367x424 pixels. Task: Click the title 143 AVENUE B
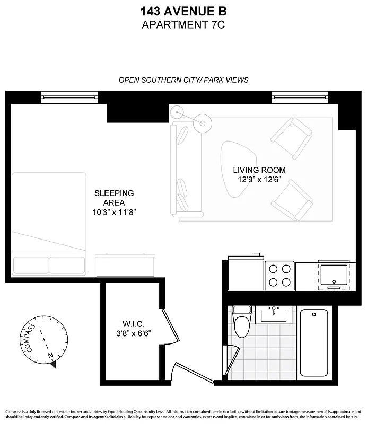(183, 11)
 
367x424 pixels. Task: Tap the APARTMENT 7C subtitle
(183, 24)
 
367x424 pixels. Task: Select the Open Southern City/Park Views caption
(183, 80)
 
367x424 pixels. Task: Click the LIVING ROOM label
(259, 170)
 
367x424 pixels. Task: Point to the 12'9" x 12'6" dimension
(259, 180)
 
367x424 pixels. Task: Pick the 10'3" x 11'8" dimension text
(114, 213)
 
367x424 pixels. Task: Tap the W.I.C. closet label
(133, 324)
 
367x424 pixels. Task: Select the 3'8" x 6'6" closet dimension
(133, 333)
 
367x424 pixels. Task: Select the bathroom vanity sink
(274, 315)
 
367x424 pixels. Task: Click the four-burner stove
(279, 275)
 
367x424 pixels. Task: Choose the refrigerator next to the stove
(246, 273)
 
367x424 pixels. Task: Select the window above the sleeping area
(70, 96)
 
